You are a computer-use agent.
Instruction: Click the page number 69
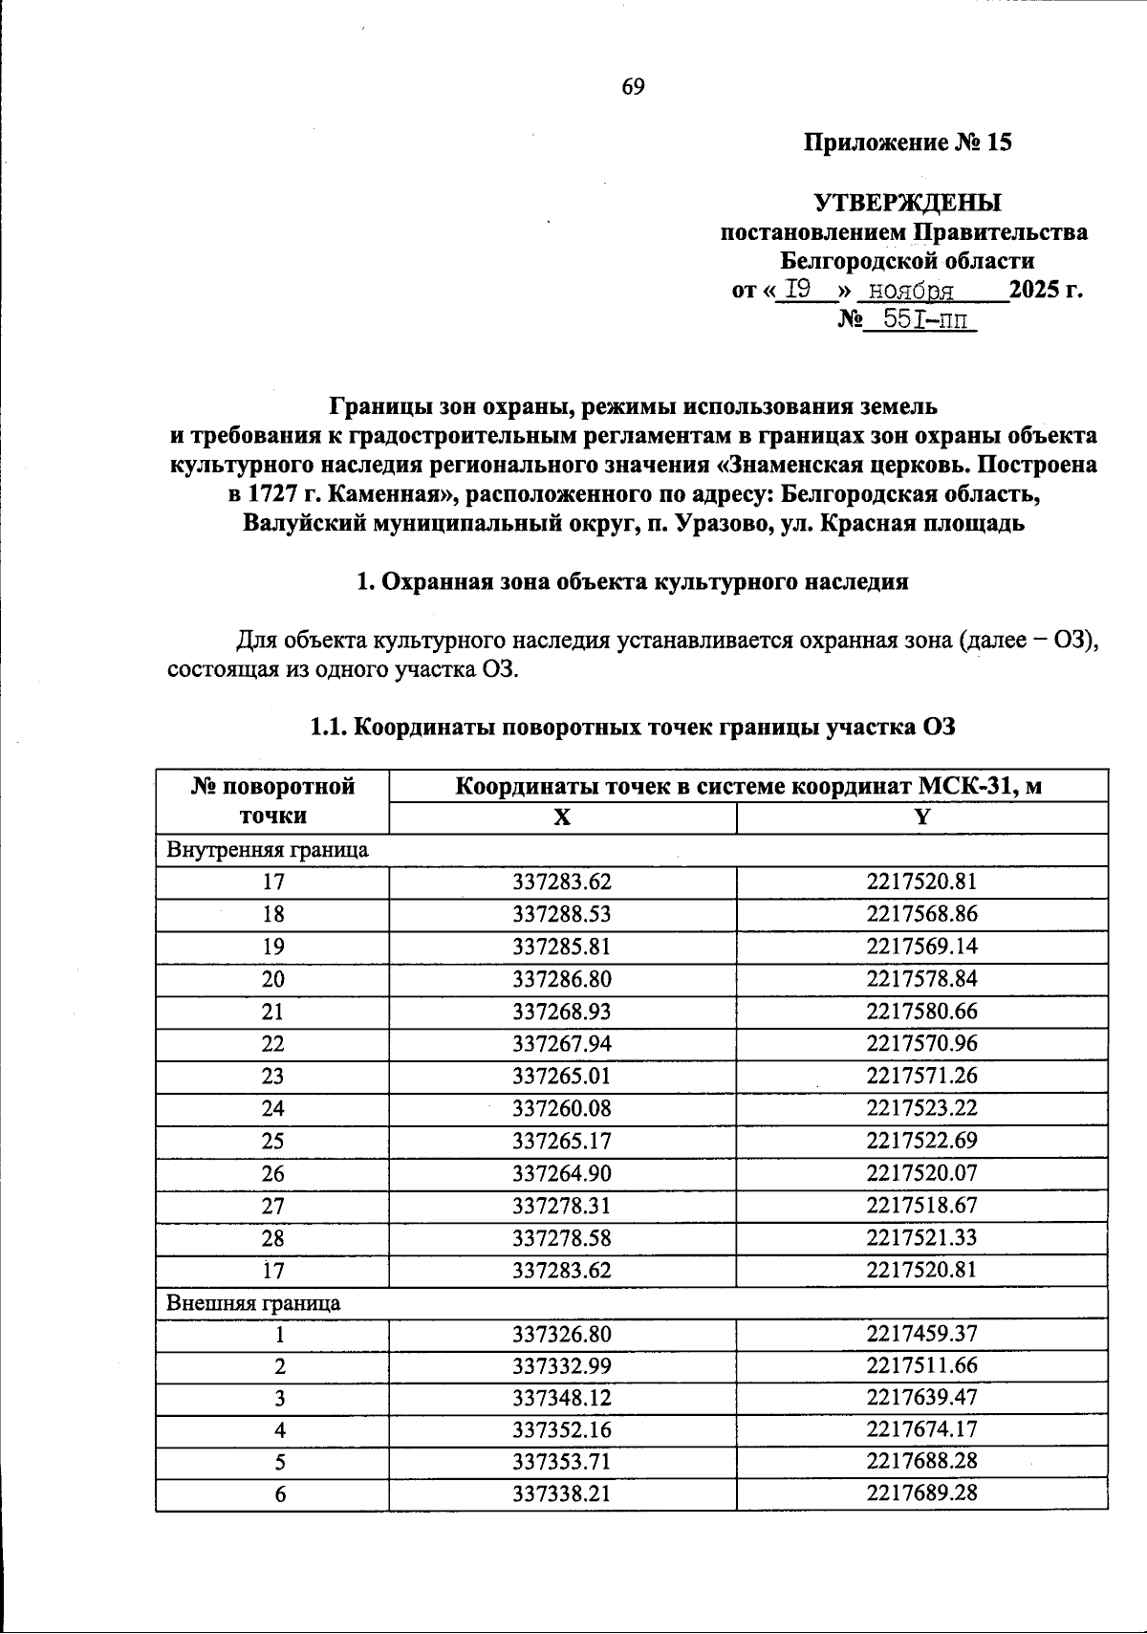tap(634, 87)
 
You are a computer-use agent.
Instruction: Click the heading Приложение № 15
tap(906, 143)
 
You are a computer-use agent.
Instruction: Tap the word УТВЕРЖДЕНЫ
tap(907, 203)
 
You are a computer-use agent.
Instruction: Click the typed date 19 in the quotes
tap(799, 290)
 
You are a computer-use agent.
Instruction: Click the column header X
tap(562, 817)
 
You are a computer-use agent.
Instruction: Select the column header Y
tap(921, 817)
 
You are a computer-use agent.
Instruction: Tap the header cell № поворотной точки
tap(272, 801)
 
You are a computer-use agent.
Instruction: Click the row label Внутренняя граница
tap(268, 849)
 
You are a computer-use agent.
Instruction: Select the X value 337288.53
tap(562, 914)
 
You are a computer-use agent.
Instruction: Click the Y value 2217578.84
tap(921, 979)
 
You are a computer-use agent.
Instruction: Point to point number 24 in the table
tap(272, 1108)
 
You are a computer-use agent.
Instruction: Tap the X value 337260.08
tap(562, 1108)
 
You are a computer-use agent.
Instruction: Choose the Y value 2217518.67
tap(921, 1206)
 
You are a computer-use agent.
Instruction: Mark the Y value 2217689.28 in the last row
tap(921, 1493)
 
